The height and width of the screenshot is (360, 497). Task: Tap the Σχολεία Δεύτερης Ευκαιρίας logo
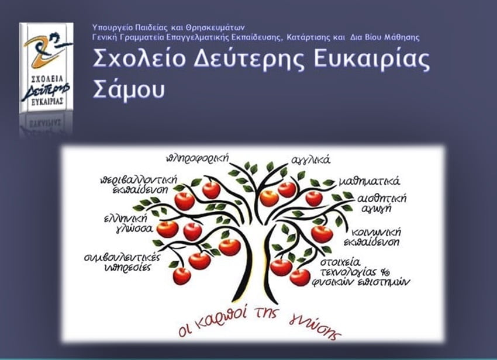46,68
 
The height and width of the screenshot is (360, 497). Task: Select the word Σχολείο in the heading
139,58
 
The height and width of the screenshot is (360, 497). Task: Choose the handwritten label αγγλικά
310,160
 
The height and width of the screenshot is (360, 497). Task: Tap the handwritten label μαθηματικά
370,181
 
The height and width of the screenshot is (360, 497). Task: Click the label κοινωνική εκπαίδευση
373,237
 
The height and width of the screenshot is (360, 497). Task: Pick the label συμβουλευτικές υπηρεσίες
123,262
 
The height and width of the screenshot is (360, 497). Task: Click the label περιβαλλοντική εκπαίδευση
139,185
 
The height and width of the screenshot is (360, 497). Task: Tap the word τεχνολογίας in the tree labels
348,272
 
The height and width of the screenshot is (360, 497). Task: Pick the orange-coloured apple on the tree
269,198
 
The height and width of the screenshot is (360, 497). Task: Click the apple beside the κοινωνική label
322,234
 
